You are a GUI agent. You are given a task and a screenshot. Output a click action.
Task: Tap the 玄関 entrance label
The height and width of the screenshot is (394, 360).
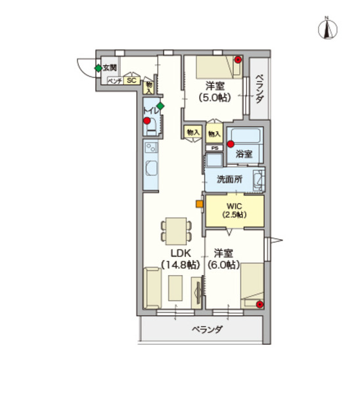110,68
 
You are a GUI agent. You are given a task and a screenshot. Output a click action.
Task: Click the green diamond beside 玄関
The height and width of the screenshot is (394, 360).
98,68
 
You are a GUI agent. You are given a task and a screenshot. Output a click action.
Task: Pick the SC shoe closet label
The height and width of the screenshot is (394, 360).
131,81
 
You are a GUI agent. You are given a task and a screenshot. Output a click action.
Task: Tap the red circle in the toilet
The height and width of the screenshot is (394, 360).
147,121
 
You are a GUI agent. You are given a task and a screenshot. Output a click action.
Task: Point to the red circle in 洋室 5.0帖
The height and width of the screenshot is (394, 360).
238,60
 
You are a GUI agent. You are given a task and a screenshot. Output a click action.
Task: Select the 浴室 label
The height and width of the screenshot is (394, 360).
244,154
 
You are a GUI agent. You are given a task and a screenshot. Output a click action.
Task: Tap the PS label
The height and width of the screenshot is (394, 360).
215,148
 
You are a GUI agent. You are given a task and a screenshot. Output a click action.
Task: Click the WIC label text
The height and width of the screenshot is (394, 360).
235,205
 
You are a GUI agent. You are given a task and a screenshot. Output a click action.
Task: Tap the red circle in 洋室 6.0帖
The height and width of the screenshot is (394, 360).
260,304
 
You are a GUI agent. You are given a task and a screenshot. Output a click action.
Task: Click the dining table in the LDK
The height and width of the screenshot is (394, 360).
175,227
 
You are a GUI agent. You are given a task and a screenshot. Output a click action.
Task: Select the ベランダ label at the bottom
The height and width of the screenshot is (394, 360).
208,330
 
